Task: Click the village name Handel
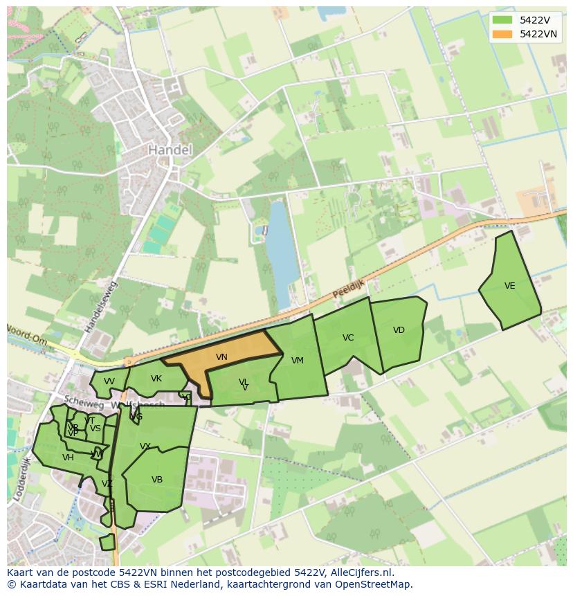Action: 170,150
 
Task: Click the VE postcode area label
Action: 510,286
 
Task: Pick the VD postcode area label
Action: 399,330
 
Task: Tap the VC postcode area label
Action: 348,338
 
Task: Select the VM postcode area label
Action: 298,361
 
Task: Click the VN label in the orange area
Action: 221,357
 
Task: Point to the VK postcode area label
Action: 156,379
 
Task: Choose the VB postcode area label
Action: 157,480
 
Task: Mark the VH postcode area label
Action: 68,458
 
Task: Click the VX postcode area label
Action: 145,446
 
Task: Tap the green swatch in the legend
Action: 502,20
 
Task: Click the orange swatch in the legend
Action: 502,34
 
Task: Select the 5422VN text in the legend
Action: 539,34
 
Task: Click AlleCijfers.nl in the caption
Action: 359,572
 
